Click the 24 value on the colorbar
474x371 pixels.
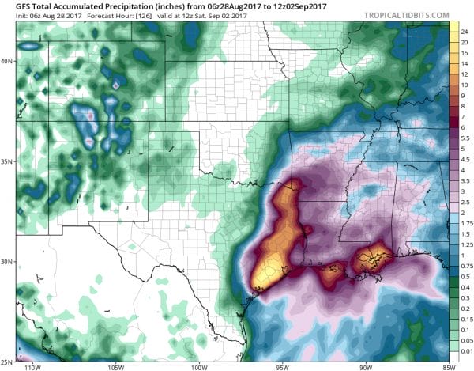[x=466, y=28]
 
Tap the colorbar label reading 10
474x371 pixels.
[x=466, y=84]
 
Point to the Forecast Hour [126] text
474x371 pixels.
[x=100, y=16]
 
